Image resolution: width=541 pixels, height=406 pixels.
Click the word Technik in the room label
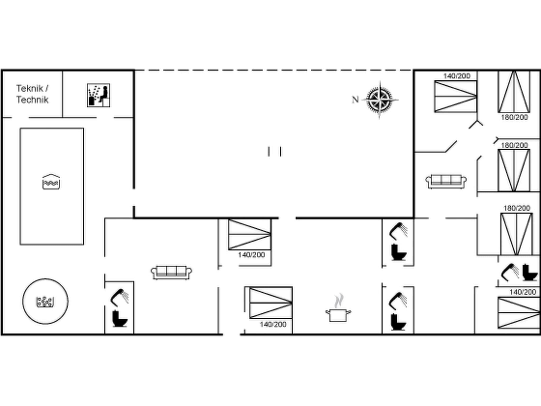[32, 100]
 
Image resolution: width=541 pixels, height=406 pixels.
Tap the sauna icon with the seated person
[99, 95]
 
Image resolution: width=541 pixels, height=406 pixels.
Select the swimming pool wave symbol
[51, 182]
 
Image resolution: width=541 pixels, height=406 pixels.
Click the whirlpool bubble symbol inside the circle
[45, 302]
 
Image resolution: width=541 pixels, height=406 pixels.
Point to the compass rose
[380, 100]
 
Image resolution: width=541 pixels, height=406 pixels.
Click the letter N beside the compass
[355, 100]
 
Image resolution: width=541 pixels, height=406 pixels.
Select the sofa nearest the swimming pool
[171, 272]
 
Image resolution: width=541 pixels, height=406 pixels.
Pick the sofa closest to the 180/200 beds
[446, 181]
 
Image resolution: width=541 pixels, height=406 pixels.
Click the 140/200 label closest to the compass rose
[457, 76]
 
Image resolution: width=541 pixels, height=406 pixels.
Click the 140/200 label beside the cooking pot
[273, 324]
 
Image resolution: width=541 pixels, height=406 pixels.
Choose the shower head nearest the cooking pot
[398, 300]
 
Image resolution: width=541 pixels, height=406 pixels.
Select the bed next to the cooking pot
[271, 303]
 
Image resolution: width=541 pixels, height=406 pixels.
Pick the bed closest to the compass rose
[456, 96]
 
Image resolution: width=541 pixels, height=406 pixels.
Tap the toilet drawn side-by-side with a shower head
[530, 272]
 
